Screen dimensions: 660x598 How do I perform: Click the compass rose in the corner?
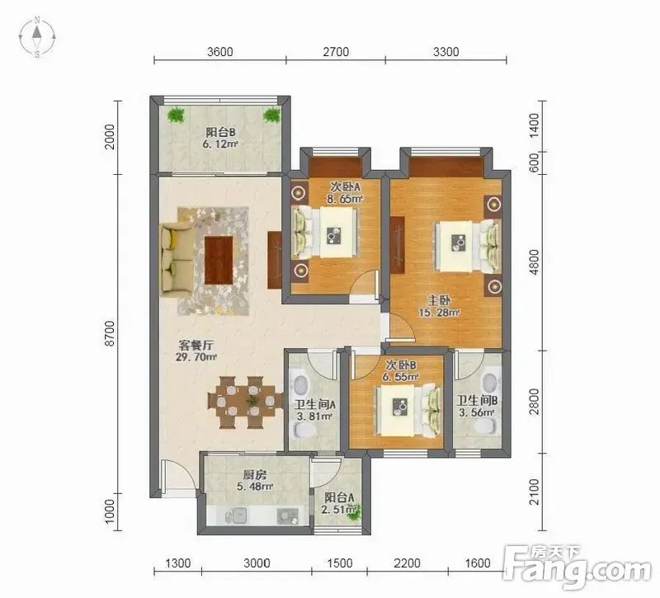[x=37, y=37]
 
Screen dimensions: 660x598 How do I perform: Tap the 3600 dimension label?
[x=220, y=52]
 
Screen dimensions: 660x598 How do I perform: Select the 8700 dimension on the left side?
[x=110, y=333]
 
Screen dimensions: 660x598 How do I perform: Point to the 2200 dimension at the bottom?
[x=407, y=563]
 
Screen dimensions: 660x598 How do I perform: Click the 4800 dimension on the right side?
[x=534, y=261]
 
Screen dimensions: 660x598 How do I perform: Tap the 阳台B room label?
[x=220, y=133]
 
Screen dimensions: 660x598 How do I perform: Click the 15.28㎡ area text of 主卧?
[x=439, y=313]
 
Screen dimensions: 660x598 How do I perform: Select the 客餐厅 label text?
[x=196, y=346]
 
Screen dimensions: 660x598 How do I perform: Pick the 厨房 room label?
[x=255, y=475]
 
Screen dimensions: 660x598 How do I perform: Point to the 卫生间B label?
[x=478, y=400]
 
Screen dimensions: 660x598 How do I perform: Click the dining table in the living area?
[x=246, y=402]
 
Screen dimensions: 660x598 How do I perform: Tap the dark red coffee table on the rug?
[x=219, y=261]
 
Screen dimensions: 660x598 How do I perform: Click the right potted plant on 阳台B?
[x=272, y=115]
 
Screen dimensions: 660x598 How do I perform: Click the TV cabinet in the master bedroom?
[x=398, y=245]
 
